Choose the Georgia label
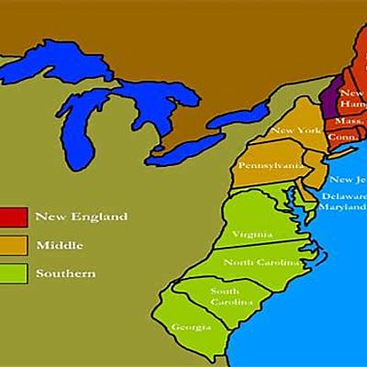(x=191, y=327)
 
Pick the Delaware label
(x=344, y=195)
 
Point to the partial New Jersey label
(x=348, y=180)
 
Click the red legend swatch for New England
(x=12, y=217)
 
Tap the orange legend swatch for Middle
(x=12, y=245)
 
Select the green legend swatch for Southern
(x=12, y=272)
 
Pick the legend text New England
(x=81, y=217)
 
